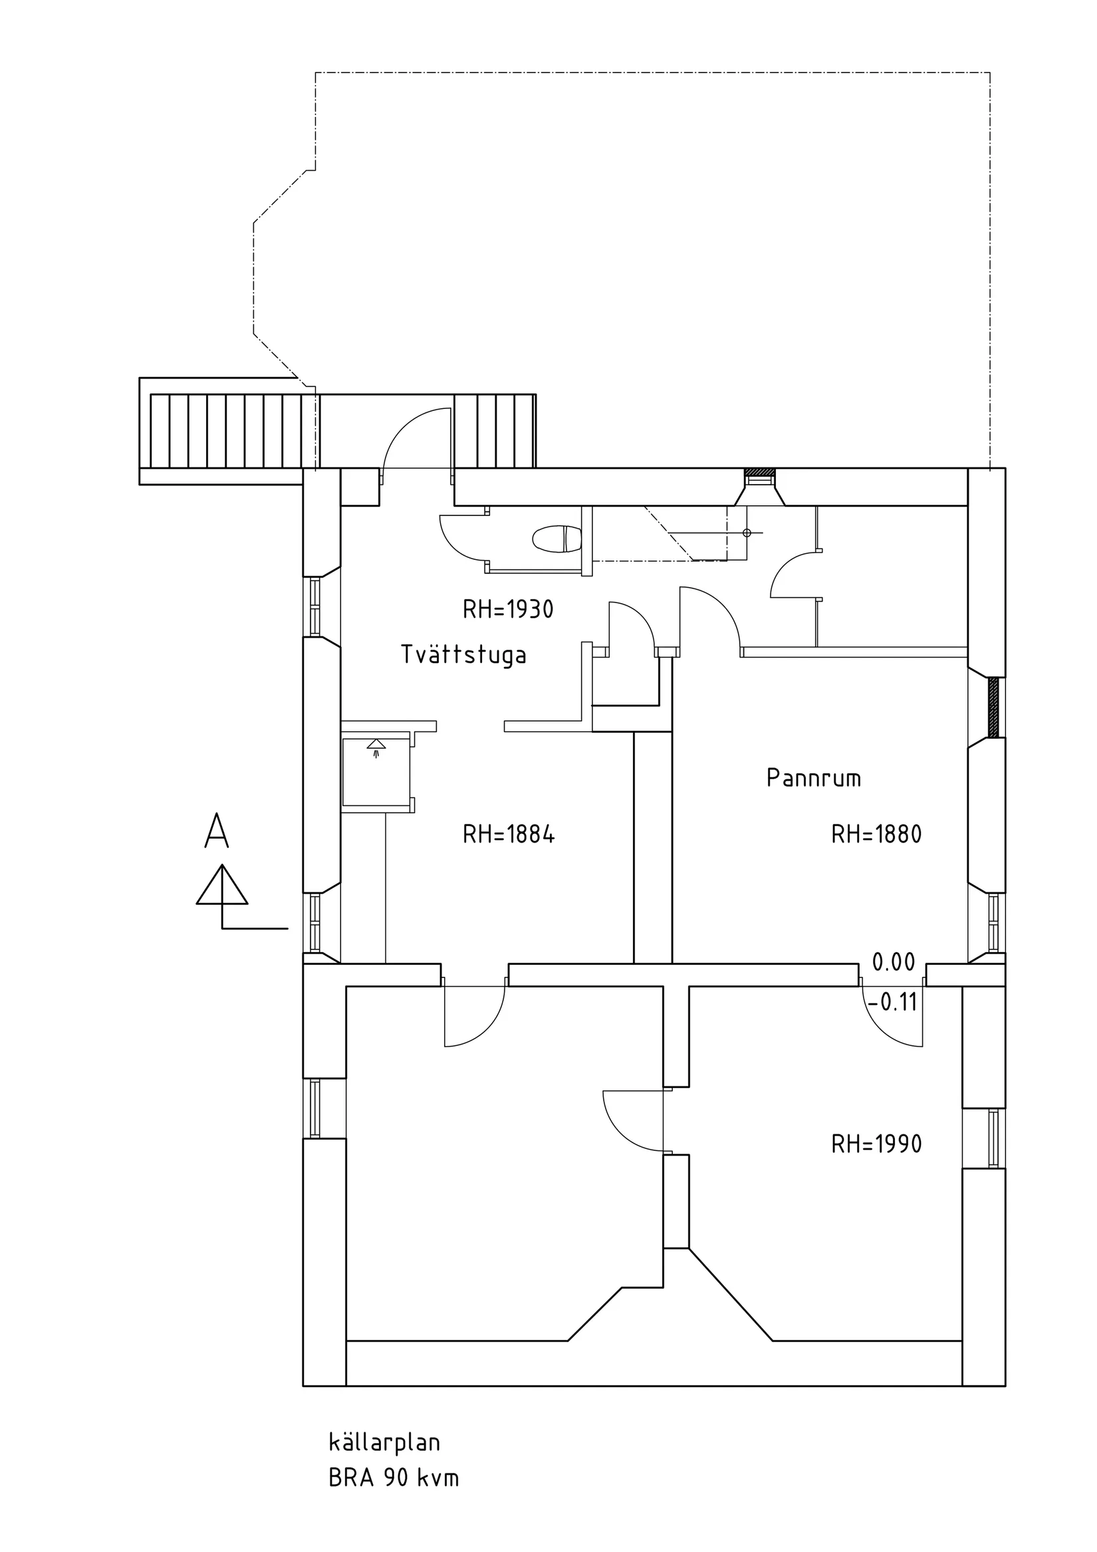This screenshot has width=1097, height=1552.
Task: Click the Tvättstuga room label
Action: [463, 655]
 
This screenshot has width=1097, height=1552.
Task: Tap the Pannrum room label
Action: [814, 778]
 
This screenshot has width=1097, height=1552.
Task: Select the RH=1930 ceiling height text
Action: [509, 610]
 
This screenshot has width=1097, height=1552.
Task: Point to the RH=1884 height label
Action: [509, 835]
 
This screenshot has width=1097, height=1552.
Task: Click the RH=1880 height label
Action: [877, 835]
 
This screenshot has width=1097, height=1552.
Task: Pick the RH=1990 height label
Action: [877, 1144]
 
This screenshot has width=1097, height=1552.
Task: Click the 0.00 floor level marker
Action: [894, 962]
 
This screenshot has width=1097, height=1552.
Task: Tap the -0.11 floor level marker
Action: [892, 1003]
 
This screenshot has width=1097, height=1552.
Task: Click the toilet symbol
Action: [557, 539]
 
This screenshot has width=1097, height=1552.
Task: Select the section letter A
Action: [216, 831]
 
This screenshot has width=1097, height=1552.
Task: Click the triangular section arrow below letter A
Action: [222, 885]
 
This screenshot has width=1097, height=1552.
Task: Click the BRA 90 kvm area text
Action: [394, 1478]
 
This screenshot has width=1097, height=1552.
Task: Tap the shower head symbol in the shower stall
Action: [376, 746]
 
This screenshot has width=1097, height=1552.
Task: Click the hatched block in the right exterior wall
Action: [993, 708]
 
